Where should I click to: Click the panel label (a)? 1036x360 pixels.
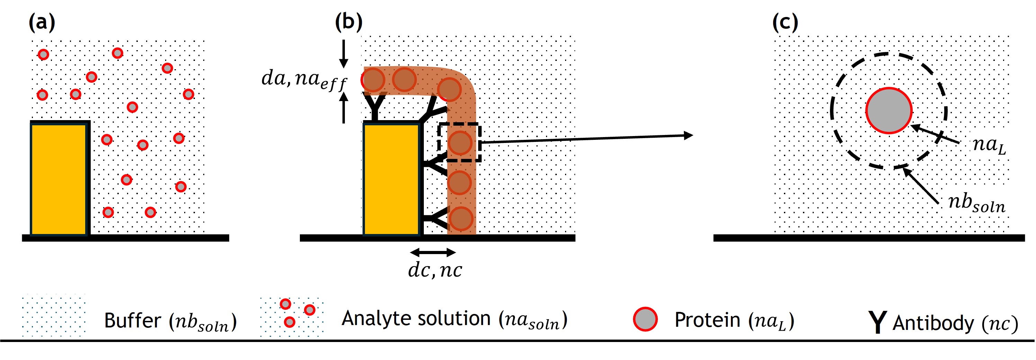[42, 23]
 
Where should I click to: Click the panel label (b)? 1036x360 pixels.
[348, 22]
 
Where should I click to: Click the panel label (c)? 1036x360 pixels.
[785, 23]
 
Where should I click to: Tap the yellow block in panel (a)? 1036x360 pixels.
[59, 179]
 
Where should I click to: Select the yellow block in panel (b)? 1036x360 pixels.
[391, 179]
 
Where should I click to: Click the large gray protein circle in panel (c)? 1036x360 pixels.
[888, 111]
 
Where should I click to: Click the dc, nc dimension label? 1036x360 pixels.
[435, 270]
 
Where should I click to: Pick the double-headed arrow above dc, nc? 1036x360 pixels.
[433, 253]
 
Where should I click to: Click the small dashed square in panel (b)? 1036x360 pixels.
[459, 142]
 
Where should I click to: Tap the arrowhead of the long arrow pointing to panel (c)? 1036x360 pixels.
[688, 136]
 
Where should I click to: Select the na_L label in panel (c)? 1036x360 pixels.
[989, 145]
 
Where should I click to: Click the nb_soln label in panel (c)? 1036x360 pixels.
[976, 203]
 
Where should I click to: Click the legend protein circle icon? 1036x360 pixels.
[645, 319]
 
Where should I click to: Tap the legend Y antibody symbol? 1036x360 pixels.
[877, 322]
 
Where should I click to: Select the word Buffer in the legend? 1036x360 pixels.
[132, 321]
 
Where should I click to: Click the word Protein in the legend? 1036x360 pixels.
[707, 320]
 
